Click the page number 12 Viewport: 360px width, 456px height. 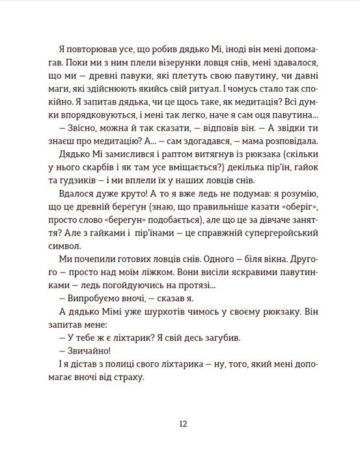(x=183, y=423)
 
